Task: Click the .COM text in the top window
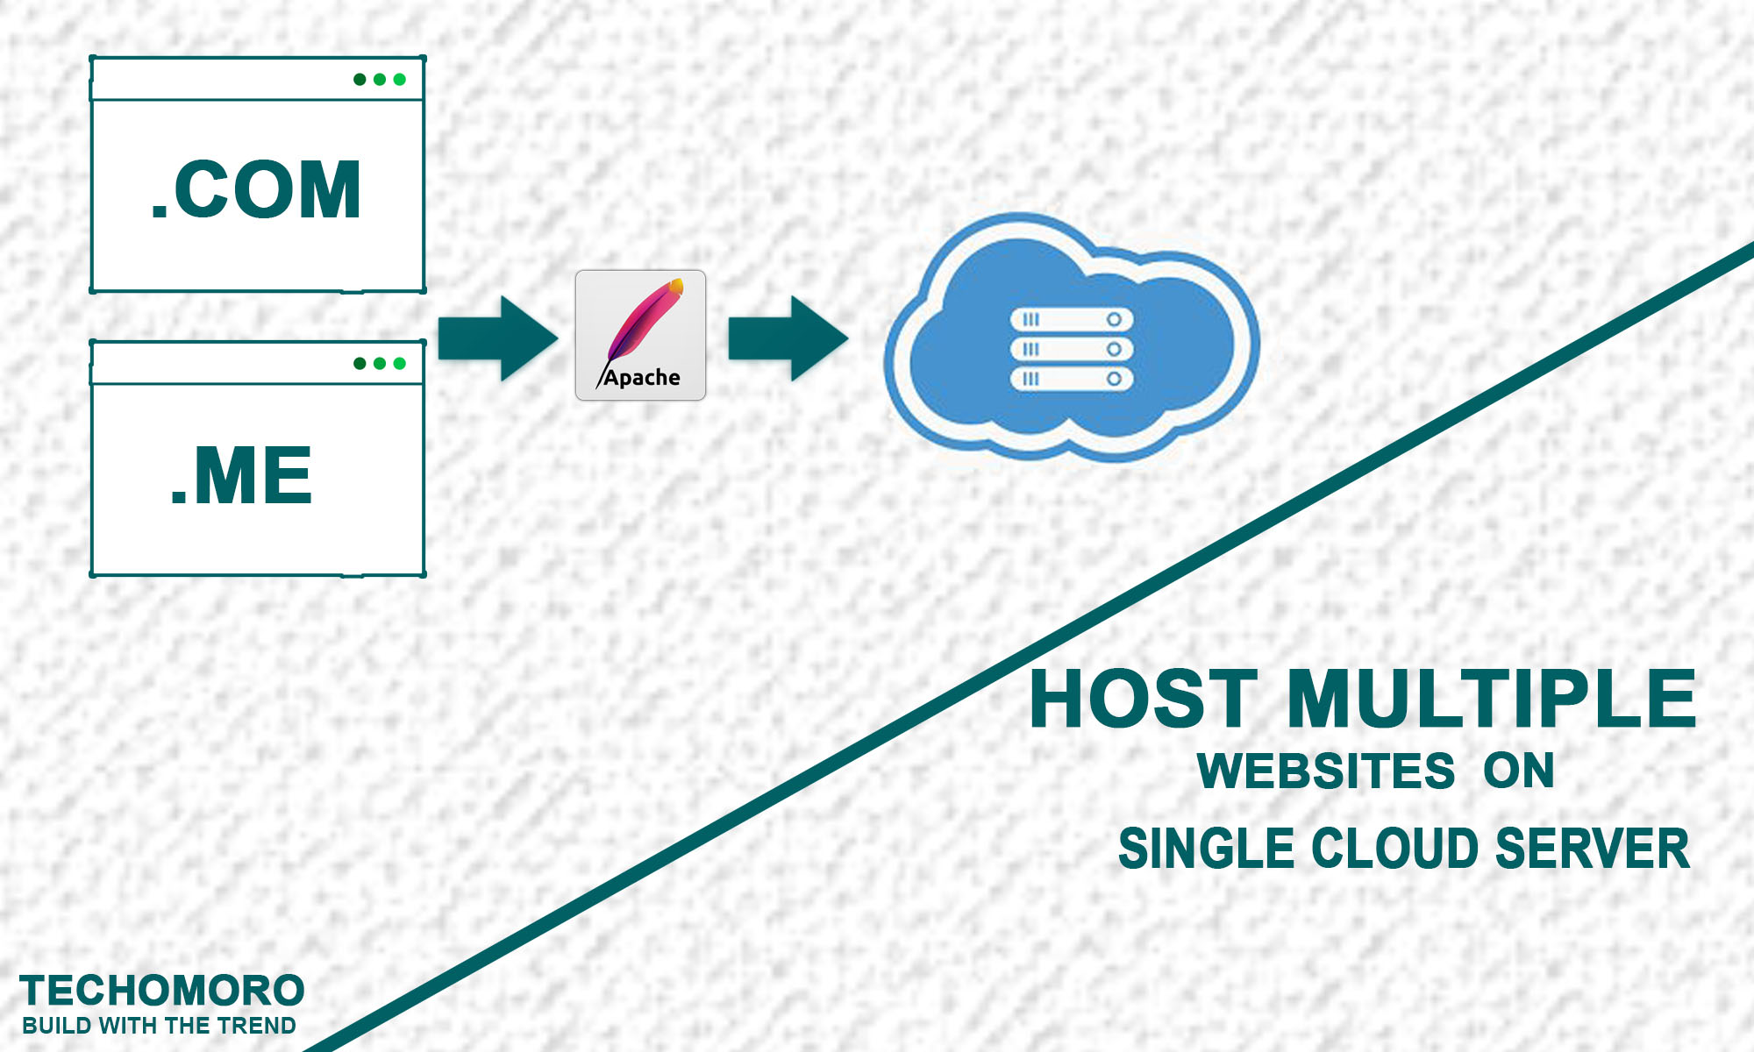[x=256, y=190]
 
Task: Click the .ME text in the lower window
[x=241, y=476]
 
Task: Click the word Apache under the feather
[x=642, y=378]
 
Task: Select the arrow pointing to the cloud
[x=788, y=338]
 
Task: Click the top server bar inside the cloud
[x=1072, y=319]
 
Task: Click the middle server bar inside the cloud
[x=1072, y=349]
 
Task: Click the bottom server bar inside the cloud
[x=1072, y=379]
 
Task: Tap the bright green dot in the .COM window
[x=400, y=80]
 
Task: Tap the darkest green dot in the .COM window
[x=360, y=80]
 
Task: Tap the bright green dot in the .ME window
[x=400, y=364]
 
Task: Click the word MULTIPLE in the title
[x=1491, y=699]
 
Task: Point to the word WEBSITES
[x=1326, y=771]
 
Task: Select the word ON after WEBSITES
[x=1519, y=771]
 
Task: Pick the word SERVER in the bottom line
[x=1592, y=849]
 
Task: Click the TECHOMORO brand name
[x=162, y=992]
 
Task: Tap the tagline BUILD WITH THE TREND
[x=159, y=1026]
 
